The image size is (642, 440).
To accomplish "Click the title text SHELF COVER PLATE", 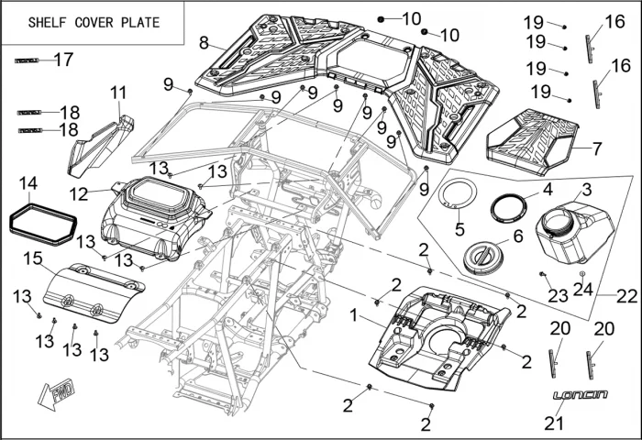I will tap(94, 22).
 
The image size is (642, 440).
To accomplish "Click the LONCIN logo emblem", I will tap(580, 394).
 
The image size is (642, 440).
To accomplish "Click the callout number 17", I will tap(63, 60).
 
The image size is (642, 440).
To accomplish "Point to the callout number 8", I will tap(204, 41).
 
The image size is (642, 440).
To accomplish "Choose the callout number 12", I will tap(79, 193).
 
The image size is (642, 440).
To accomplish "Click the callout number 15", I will tap(32, 259).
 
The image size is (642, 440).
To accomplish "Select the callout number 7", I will tap(597, 148).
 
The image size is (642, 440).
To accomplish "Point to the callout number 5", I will tap(460, 227).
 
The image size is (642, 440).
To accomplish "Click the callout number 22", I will tap(625, 296).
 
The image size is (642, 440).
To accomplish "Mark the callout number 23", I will tap(558, 295).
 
